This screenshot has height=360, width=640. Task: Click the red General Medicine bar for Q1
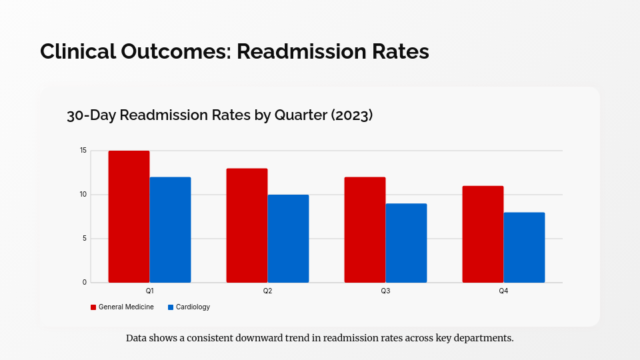click(x=129, y=217)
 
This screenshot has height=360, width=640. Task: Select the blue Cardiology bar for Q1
click(x=170, y=229)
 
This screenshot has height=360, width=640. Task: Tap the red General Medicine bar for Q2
click(x=247, y=225)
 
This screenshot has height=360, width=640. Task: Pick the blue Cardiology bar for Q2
click(x=288, y=239)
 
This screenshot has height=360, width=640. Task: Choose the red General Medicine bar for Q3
click(x=365, y=229)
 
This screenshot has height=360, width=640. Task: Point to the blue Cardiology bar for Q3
click(x=406, y=243)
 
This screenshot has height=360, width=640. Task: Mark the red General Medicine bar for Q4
click(x=483, y=234)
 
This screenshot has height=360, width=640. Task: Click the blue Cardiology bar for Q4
click(x=524, y=247)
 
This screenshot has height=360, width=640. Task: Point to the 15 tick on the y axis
click(x=83, y=151)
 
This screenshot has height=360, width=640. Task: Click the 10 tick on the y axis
click(x=83, y=195)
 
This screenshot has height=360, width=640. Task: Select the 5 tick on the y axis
click(x=85, y=239)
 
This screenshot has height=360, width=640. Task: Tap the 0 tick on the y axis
click(x=85, y=283)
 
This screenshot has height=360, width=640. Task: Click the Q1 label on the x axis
click(x=149, y=291)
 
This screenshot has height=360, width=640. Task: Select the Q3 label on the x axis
click(x=385, y=291)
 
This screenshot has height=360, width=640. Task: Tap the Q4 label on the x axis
click(x=503, y=291)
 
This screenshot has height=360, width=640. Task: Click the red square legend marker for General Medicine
click(x=93, y=307)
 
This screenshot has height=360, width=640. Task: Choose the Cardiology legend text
click(x=193, y=307)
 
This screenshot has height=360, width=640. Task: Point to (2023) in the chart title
click(x=351, y=115)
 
